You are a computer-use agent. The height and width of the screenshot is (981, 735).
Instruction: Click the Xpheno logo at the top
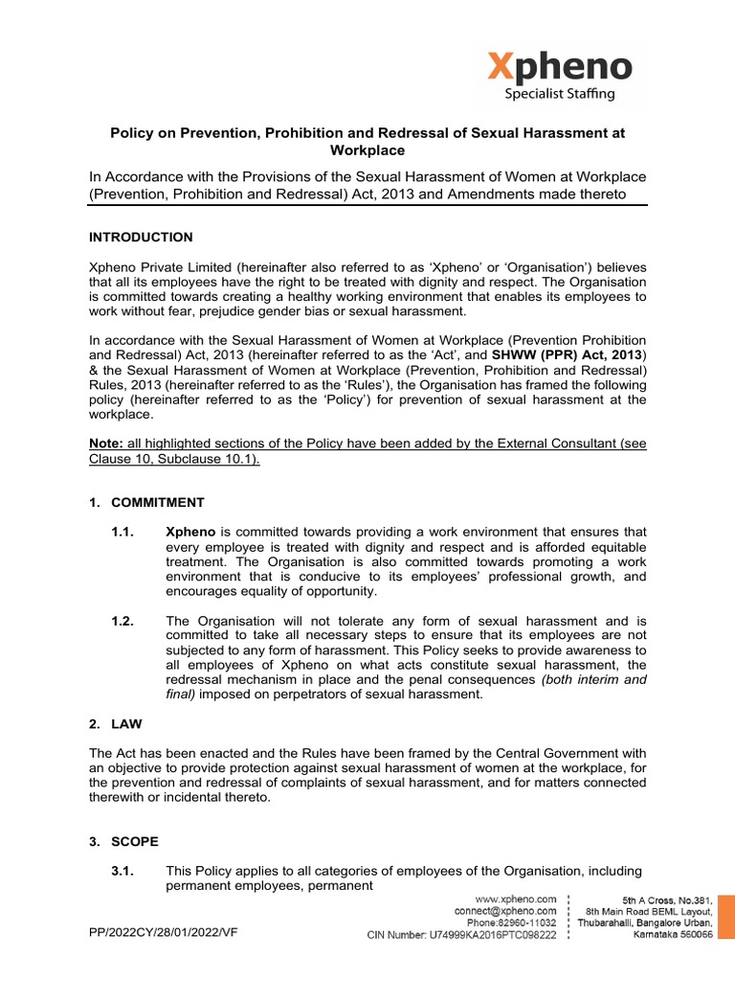pyautogui.click(x=560, y=67)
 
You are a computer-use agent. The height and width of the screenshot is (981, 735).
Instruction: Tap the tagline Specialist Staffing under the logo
pyautogui.click(x=560, y=94)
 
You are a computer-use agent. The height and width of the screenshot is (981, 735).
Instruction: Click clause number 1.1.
pyautogui.click(x=124, y=531)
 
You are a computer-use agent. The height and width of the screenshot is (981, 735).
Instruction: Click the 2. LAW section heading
pyautogui.click(x=115, y=725)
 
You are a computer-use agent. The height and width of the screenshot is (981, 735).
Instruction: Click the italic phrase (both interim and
pyautogui.click(x=594, y=679)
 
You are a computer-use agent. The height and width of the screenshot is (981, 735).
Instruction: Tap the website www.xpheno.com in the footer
pyautogui.click(x=516, y=900)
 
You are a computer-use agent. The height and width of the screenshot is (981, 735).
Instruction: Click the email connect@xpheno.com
pyautogui.click(x=505, y=911)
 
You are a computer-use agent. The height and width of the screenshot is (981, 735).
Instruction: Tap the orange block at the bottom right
pyautogui.click(x=726, y=918)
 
